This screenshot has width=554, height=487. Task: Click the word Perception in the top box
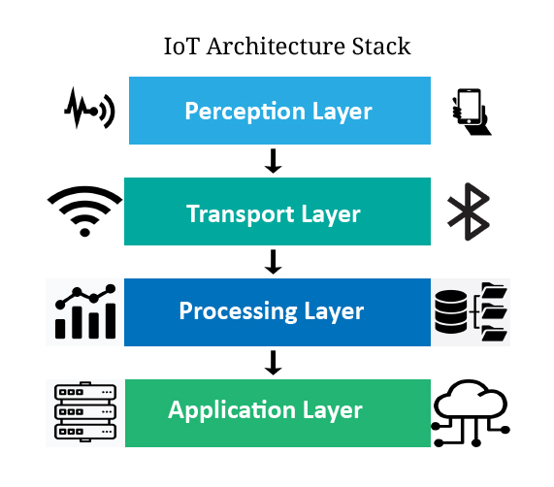(244, 112)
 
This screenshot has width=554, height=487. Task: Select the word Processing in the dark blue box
(238, 311)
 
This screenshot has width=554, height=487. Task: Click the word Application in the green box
(232, 410)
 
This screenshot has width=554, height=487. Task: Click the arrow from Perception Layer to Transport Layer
(273, 161)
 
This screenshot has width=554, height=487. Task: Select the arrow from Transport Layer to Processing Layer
(273, 262)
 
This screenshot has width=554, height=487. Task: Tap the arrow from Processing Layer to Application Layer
(273, 363)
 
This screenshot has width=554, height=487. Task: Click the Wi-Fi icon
(84, 211)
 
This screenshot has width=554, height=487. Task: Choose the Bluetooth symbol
(469, 211)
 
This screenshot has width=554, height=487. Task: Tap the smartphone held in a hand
(472, 112)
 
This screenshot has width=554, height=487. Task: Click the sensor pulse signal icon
(89, 108)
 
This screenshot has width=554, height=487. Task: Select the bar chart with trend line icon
(85, 311)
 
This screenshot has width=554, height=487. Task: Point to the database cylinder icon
(451, 311)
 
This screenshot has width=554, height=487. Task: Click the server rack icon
(85, 411)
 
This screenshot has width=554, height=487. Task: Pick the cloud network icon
(471, 413)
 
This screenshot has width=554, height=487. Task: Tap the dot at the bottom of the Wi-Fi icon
(84, 233)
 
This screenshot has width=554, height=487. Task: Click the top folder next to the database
(494, 291)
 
